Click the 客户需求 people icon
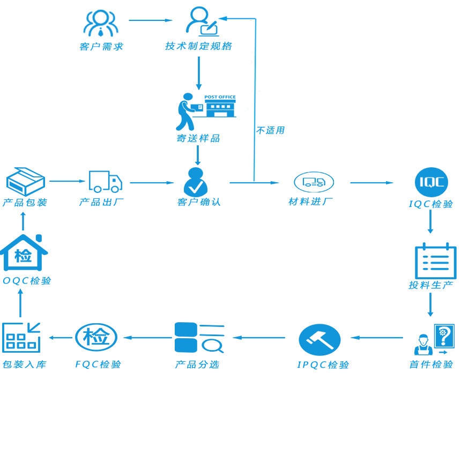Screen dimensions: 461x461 tap(101, 23)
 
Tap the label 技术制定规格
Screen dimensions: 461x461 tap(198, 46)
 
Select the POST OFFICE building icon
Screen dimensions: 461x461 tap(220, 106)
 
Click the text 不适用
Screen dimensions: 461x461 tap(270, 130)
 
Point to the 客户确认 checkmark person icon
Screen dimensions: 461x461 tap(196, 182)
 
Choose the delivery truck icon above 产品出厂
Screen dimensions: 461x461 tap(105, 182)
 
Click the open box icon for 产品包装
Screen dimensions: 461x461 tap(25, 181)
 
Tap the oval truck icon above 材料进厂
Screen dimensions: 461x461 tap(314, 182)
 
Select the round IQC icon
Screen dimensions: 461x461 tap(431, 182)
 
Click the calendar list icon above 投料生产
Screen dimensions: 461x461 tap(435, 261)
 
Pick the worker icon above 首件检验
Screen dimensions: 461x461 tap(423, 345)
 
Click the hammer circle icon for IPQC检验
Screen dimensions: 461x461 tap(319, 340)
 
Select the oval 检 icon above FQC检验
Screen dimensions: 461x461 tap(96, 337)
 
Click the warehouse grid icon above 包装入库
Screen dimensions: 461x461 tap(21, 338)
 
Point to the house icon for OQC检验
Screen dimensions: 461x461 tap(23, 252)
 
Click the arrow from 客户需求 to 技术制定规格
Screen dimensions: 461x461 tap(151, 20)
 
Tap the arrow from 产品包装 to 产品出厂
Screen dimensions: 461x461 tap(68, 181)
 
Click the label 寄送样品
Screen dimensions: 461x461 tap(198, 138)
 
